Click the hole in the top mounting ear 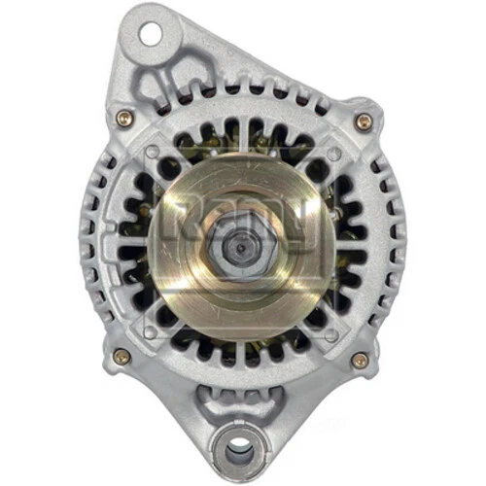149,34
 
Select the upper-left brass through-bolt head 123,118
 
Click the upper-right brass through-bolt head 364,121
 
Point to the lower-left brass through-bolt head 121,356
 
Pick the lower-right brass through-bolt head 360,360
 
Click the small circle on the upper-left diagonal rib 153,153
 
